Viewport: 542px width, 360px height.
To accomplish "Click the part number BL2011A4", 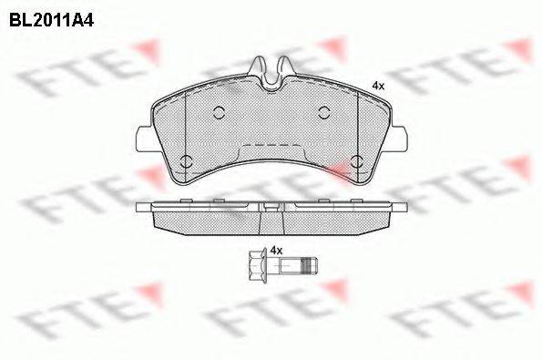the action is point(52,20).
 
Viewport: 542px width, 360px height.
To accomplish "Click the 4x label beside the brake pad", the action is point(378,86).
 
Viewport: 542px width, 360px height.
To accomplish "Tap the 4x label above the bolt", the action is point(276,251).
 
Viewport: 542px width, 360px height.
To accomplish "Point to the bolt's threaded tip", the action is point(310,265).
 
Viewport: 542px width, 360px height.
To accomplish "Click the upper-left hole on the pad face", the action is point(220,112).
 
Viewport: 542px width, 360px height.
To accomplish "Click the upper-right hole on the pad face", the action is point(324,112).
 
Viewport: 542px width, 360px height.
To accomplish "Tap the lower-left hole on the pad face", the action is point(187,161).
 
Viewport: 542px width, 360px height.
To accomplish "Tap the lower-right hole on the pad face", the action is point(357,161).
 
